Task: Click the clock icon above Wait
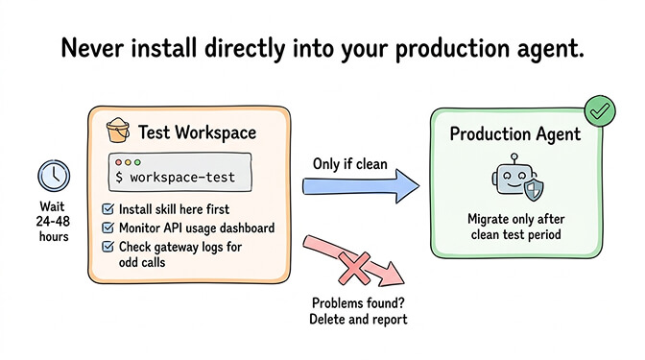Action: [52, 177]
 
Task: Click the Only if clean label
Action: [349, 163]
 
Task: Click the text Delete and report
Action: [358, 320]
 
